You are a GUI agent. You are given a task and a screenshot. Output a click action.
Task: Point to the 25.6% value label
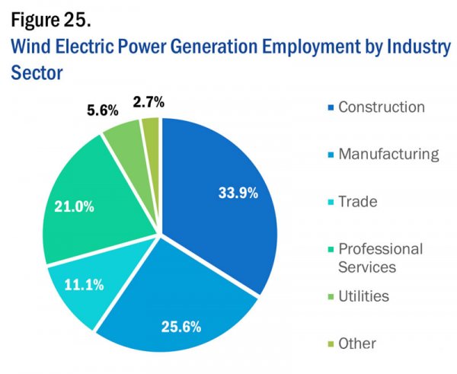tap(181, 328)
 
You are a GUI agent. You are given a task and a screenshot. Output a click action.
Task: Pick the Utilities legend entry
tap(363, 296)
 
